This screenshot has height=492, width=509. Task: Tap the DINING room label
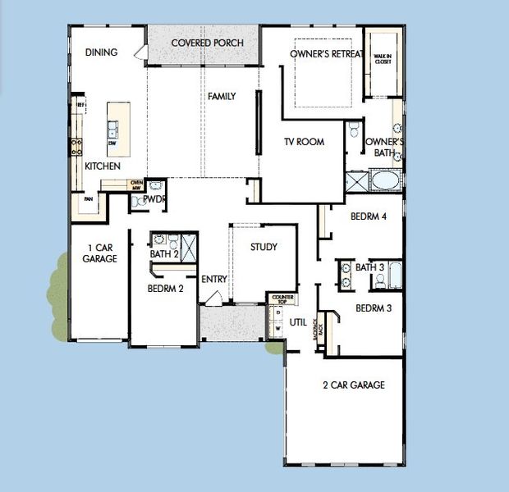pos(101,52)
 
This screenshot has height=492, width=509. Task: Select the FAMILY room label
pos(221,97)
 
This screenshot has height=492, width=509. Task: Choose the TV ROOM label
pos(305,142)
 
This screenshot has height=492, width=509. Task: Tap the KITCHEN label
pos(103,166)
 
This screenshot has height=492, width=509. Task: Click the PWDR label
pos(154,198)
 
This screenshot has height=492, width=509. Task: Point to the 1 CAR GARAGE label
pos(99,252)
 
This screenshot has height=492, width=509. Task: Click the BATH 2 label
pos(164,255)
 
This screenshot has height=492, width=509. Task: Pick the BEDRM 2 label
pos(165,289)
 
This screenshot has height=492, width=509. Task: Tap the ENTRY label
pos(213,279)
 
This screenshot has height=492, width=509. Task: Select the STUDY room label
pos(264,247)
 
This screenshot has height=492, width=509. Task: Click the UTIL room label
pos(297,322)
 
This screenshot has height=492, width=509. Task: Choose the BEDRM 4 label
pos(369,217)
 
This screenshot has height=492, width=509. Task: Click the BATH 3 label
pos(369,267)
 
